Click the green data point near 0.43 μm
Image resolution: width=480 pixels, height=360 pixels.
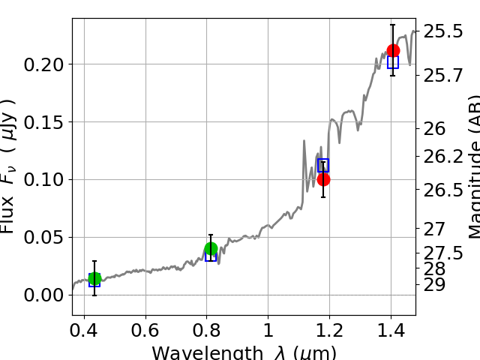[x=94, y=279]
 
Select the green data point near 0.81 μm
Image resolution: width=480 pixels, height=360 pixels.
[x=211, y=249]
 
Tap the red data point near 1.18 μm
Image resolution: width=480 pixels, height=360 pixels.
[x=323, y=179]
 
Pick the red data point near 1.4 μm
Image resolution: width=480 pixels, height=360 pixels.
[x=393, y=51]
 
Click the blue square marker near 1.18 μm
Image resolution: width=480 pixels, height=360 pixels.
[x=323, y=165]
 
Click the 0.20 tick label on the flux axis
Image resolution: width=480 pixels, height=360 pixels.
[x=44, y=64]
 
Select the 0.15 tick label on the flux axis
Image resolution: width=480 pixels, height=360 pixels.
[x=44, y=122]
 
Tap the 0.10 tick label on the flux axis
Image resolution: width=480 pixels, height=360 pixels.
[x=44, y=180]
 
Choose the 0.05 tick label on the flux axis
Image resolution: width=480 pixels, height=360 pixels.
[x=44, y=238]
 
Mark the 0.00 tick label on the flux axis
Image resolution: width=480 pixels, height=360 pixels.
[x=44, y=295]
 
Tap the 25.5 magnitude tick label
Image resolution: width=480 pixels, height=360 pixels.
[x=443, y=31]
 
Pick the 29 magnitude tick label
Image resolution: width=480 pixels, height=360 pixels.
[x=434, y=285]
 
